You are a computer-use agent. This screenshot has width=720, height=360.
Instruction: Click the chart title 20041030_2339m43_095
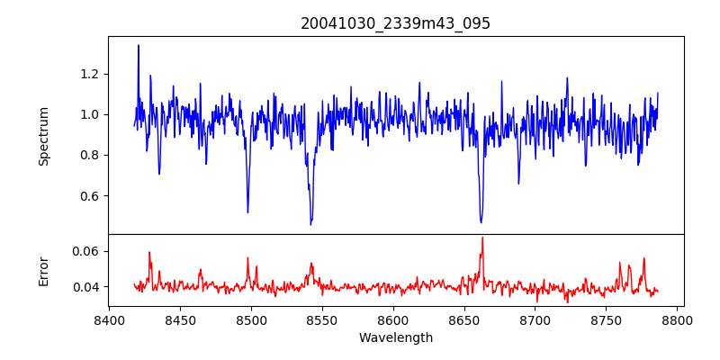tap(395, 23)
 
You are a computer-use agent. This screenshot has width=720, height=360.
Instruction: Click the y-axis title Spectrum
tap(43, 136)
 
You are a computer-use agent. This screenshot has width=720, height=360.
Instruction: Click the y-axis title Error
tap(43, 270)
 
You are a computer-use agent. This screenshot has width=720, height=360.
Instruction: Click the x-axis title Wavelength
tap(395, 338)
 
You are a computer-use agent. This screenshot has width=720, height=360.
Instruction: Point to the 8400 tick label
tap(109, 319)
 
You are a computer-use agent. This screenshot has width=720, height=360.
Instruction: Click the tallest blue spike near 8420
tap(138, 45)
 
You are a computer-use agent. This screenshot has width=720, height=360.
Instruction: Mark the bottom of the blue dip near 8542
tap(311, 223)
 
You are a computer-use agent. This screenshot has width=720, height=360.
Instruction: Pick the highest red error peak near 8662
tap(482, 238)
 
